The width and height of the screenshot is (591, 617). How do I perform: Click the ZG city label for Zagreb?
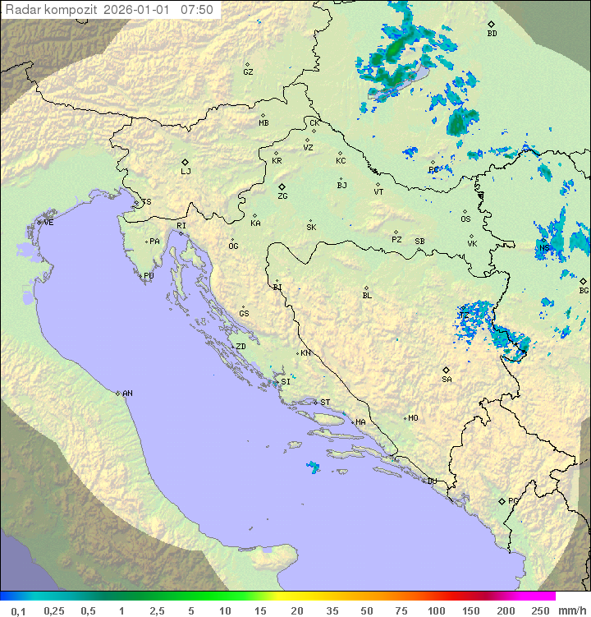(282, 196)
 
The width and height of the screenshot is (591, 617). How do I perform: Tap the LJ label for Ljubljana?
(186, 172)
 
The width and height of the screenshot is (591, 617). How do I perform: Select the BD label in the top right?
(492, 34)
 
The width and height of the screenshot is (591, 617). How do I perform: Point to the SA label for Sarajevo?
(447, 380)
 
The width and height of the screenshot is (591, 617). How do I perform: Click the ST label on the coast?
(325, 403)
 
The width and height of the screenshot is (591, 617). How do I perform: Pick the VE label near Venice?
(48, 223)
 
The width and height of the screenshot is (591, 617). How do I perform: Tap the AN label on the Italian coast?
(127, 394)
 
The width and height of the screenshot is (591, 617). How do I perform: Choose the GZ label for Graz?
(248, 72)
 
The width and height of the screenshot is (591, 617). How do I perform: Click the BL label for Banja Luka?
(367, 296)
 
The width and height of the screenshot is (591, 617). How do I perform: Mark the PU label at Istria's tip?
(149, 276)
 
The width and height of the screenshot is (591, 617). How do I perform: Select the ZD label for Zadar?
(241, 347)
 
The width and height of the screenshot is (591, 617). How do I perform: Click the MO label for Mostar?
(413, 418)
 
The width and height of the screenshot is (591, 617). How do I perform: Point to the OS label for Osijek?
(465, 219)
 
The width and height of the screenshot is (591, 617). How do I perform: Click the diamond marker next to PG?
(502, 500)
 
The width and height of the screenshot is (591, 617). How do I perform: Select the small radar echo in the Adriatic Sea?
(313, 467)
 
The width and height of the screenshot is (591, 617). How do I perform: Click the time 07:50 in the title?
(197, 10)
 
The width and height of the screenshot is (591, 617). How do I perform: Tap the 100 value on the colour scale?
(436, 610)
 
